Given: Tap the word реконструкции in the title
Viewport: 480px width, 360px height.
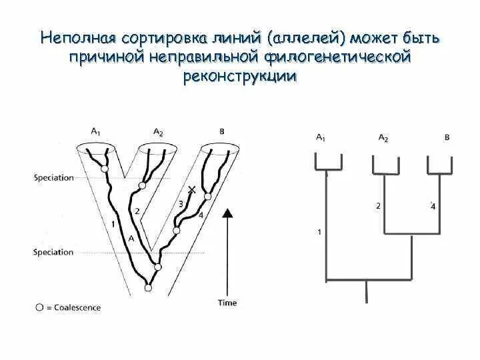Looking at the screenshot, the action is (239, 77).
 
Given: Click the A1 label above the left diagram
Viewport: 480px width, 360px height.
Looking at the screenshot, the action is (95, 132).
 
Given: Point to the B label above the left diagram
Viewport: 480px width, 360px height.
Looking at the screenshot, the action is (222, 132).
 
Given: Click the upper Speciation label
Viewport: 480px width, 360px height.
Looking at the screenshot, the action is (52, 178).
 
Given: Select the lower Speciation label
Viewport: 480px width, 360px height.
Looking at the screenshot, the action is (52, 252).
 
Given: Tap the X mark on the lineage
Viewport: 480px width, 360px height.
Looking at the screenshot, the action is (192, 190).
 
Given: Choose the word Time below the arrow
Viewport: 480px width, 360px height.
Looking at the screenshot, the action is (227, 303).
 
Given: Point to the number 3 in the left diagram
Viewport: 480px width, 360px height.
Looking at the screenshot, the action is (180, 204).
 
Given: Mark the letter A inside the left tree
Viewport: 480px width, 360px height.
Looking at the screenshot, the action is (131, 238).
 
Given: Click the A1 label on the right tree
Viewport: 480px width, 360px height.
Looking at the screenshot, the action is (321, 137).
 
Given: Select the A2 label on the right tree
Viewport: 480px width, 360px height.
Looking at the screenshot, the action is (383, 137).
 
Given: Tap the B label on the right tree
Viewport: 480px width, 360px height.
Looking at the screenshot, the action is (447, 137).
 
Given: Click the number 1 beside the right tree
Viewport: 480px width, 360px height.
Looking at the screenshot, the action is (319, 232).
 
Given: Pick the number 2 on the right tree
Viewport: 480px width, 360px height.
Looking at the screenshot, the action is (378, 206).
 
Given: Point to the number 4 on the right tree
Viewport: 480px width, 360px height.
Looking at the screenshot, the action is (433, 207).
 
